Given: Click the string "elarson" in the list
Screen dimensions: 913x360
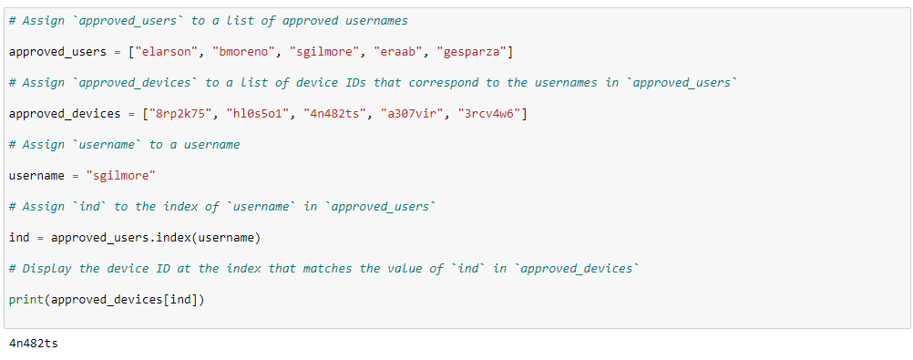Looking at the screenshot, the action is [x=166, y=51].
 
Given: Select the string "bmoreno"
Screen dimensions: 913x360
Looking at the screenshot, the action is [x=242, y=51].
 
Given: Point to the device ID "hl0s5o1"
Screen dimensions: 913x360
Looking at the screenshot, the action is [x=257, y=114].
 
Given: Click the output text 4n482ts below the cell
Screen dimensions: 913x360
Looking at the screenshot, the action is [x=33, y=343].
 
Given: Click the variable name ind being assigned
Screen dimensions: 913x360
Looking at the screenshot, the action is [x=19, y=238].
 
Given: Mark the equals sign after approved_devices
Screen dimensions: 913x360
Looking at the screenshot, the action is [x=131, y=114].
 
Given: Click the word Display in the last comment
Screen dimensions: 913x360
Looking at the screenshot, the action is [x=47, y=269].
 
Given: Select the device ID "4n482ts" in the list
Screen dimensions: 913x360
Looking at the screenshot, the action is [x=333, y=114].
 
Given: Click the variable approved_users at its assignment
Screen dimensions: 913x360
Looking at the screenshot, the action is [x=57, y=51].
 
